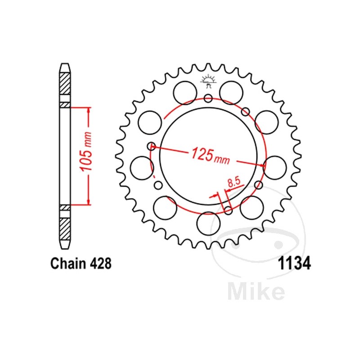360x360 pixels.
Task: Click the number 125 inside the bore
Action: click(201, 154)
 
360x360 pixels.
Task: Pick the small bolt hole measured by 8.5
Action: click(228, 210)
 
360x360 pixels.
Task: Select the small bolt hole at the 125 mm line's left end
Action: click(152, 146)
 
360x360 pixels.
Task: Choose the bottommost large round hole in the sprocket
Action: click(208, 224)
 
